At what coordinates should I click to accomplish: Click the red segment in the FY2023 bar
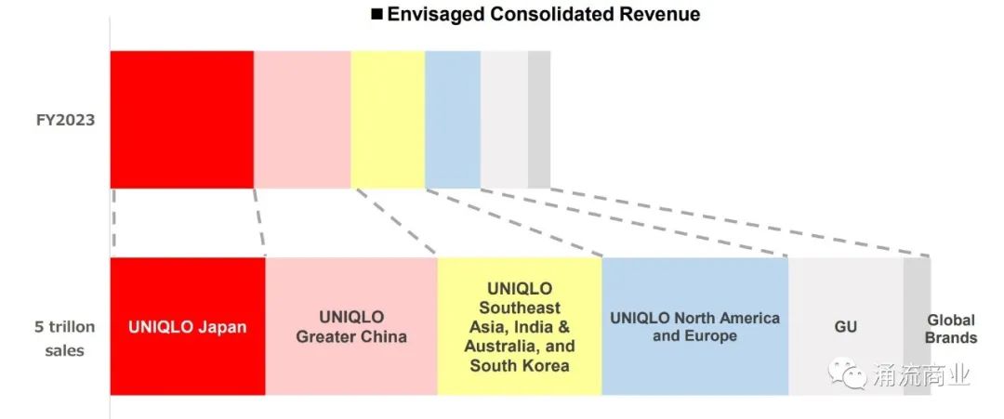tap(181, 120)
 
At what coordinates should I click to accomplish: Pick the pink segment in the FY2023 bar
tap(302, 120)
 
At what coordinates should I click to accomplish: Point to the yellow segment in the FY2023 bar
tap(388, 120)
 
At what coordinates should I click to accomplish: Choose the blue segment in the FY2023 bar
tap(453, 120)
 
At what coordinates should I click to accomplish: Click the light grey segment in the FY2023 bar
tap(504, 120)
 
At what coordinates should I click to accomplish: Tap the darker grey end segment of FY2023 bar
tap(539, 120)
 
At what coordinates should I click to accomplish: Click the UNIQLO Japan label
tap(188, 327)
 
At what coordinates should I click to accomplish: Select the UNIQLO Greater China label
tap(351, 327)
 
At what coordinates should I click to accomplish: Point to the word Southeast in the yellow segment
tap(520, 308)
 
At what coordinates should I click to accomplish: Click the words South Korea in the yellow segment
tap(520, 365)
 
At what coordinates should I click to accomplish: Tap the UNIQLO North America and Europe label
tap(694, 327)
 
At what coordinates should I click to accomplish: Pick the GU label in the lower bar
tap(845, 327)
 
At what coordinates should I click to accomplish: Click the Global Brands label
tap(951, 329)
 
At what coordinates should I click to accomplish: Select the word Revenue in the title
tap(662, 14)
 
